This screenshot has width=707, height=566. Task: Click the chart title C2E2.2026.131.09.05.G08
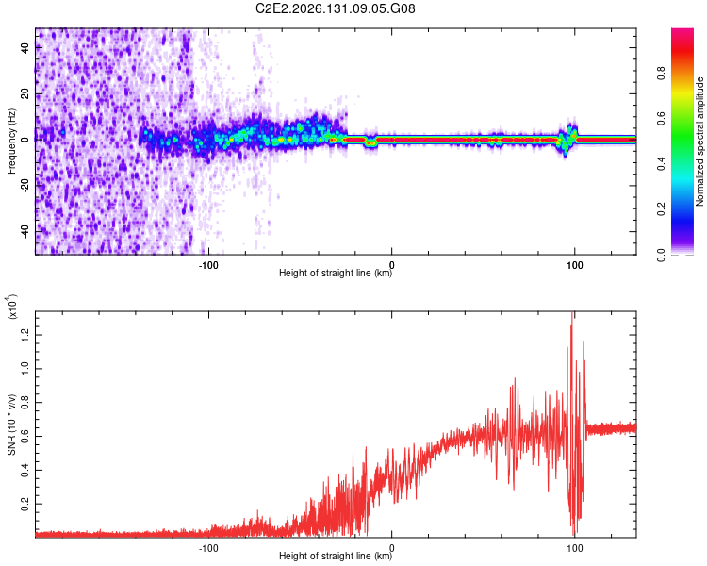pyautogui.click(x=335, y=8)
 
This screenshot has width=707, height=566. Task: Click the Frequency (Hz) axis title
pyautogui.click(x=11, y=141)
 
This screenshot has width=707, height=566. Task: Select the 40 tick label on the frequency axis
pyautogui.click(x=25, y=47)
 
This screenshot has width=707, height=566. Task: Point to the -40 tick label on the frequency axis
pyautogui.click(x=25, y=232)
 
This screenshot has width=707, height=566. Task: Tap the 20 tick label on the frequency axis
pyautogui.click(x=25, y=93)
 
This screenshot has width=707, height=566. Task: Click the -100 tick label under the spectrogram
pyautogui.click(x=208, y=265)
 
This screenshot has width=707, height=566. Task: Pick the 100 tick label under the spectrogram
pyautogui.click(x=574, y=265)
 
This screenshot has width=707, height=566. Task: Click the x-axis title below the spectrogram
pyautogui.click(x=336, y=273)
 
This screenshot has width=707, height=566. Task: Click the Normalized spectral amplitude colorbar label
pyautogui.click(x=699, y=141)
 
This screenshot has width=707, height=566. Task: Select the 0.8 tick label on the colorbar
pyautogui.click(x=661, y=74)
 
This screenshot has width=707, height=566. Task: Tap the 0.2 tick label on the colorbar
pyautogui.click(x=661, y=209)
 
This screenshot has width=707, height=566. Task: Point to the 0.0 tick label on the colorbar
pyautogui.click(x=661, y=255)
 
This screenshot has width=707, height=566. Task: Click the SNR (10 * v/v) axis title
pyautogui.click(x=11, y=424)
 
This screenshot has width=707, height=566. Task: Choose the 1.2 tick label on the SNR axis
pyautogui.click(x=25, y=335)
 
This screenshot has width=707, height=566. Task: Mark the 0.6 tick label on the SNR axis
pyautogui.click(x=25, y=436)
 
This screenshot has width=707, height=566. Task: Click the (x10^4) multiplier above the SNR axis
pyautogui.click(x=12, y=307)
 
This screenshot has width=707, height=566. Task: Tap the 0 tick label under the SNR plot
pyautogui.click(x=391, y=548)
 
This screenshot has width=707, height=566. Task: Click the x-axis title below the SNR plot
pyautogui.click(x=336, y=556)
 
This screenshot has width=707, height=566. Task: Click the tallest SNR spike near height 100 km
pyautogui.click(x=572, y=312)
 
